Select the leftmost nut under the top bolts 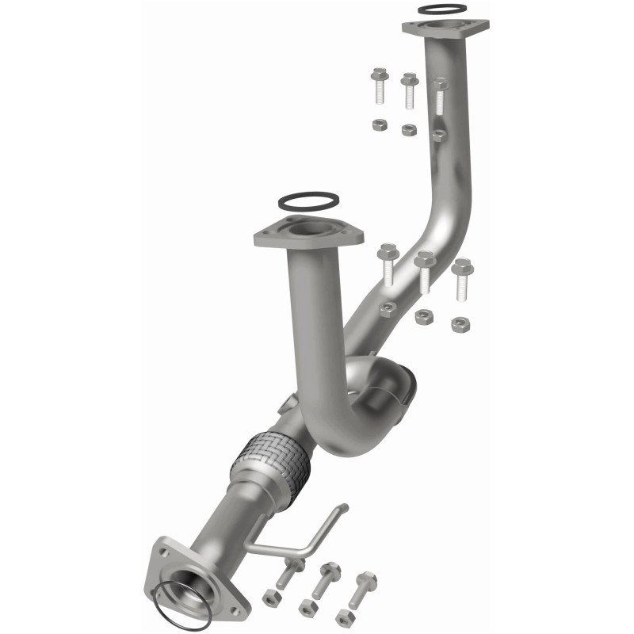pos(380,125)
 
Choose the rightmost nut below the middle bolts pos(459,323)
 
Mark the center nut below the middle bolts pos(424,316)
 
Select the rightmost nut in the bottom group pos(345,617)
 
